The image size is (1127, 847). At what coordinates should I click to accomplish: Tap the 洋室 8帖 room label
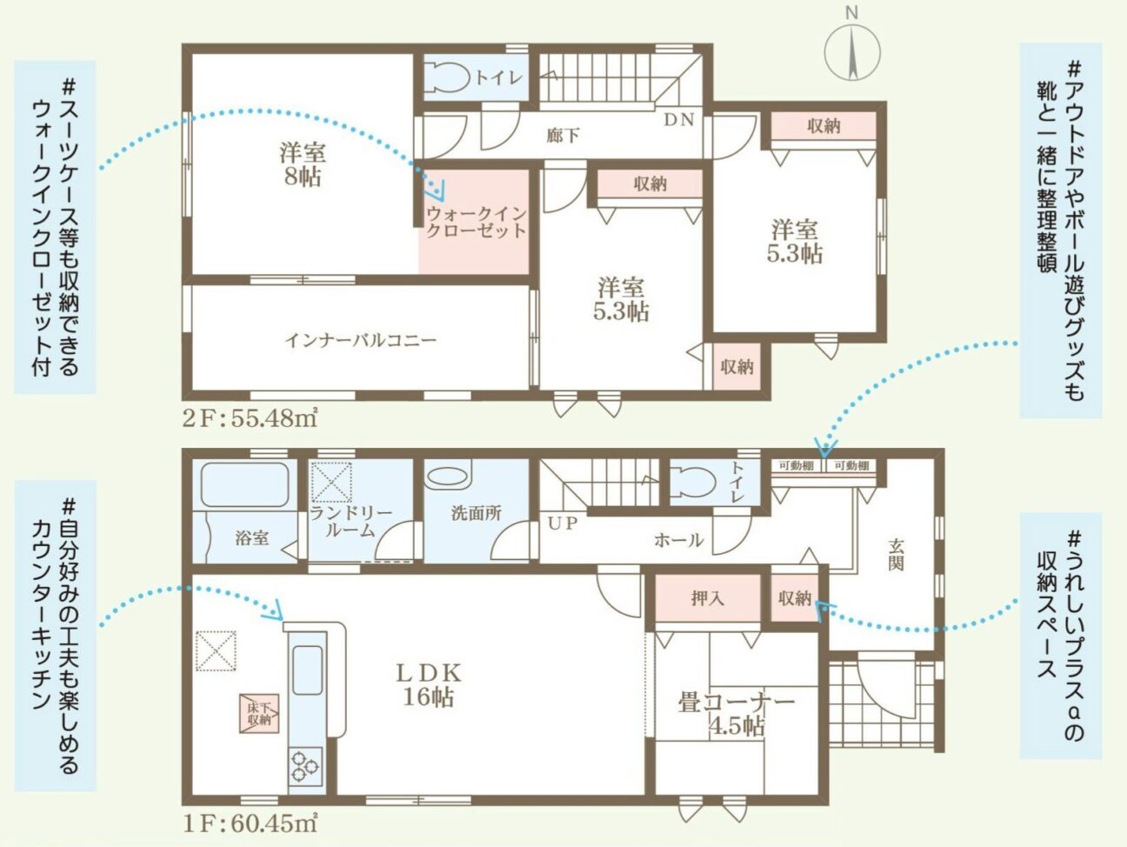tap(303, 164)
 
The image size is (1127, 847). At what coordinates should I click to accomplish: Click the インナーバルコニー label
tap(360, 340)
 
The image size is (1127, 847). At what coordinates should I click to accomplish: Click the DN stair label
tap(679, 120)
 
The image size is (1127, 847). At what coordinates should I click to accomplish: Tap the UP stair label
tap(563, 524)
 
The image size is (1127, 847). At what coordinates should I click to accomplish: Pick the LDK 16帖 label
tap(429, 685)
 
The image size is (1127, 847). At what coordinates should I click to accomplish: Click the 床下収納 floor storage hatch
tap(259, 714)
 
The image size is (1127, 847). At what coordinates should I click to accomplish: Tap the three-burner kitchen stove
tap(305, 766)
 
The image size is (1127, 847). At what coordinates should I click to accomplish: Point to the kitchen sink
tap(308, 670)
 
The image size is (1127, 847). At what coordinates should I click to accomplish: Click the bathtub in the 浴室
tap(244, 484)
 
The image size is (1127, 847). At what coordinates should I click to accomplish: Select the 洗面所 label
tap(476, 513)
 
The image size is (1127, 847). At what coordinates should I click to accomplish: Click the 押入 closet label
tap(708, 598)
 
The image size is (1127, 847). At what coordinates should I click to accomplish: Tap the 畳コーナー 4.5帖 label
tap(737, 715)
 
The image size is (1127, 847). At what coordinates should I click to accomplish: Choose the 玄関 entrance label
tap(896, 555)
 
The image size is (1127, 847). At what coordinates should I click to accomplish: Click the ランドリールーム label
tap(351, 522)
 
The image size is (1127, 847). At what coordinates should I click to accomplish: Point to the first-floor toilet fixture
tap(692, 482)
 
